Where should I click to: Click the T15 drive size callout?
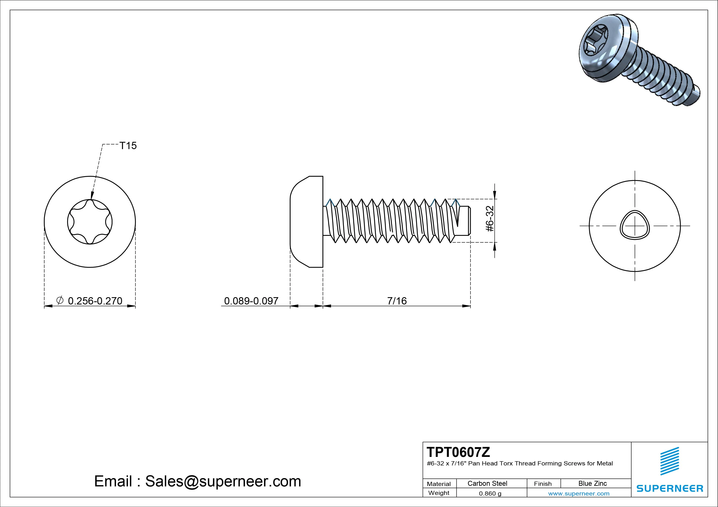[128, 146]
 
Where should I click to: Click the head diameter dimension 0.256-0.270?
[95, 301]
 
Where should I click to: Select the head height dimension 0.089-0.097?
[251, 301]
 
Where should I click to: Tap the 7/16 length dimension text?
[397, 301]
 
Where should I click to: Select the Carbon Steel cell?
[487, 484]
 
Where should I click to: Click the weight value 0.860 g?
[490, 493]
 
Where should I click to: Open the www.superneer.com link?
[578, 493]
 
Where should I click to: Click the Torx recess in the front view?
[90, 222]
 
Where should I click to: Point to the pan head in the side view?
[306, 222]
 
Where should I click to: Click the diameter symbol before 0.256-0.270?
[60, 300]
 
